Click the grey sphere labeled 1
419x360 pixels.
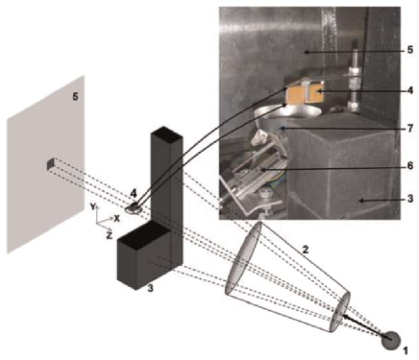[x=389, y=339]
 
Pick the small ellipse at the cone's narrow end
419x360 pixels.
[x=343, y=313]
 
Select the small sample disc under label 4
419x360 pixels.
[x=135, y=205]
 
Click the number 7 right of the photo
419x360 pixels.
[x=407, y=127]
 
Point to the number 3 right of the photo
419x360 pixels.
[x=407, y=203]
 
